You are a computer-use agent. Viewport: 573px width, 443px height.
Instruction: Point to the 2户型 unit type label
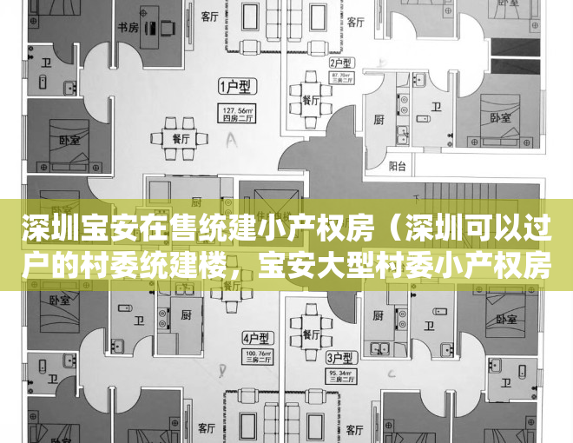[339, 63]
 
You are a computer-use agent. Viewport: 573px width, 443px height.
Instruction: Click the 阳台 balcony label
[397, 165]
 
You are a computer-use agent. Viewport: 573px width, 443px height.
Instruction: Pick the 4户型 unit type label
[255, 337]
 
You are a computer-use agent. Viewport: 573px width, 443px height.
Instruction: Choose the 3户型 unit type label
[338, 357]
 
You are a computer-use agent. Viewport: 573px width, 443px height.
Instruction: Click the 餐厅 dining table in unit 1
[180, 137]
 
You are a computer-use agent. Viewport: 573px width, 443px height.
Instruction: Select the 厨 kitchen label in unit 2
[379, 120]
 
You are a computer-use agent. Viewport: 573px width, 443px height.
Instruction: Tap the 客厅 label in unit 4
[207, 428]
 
